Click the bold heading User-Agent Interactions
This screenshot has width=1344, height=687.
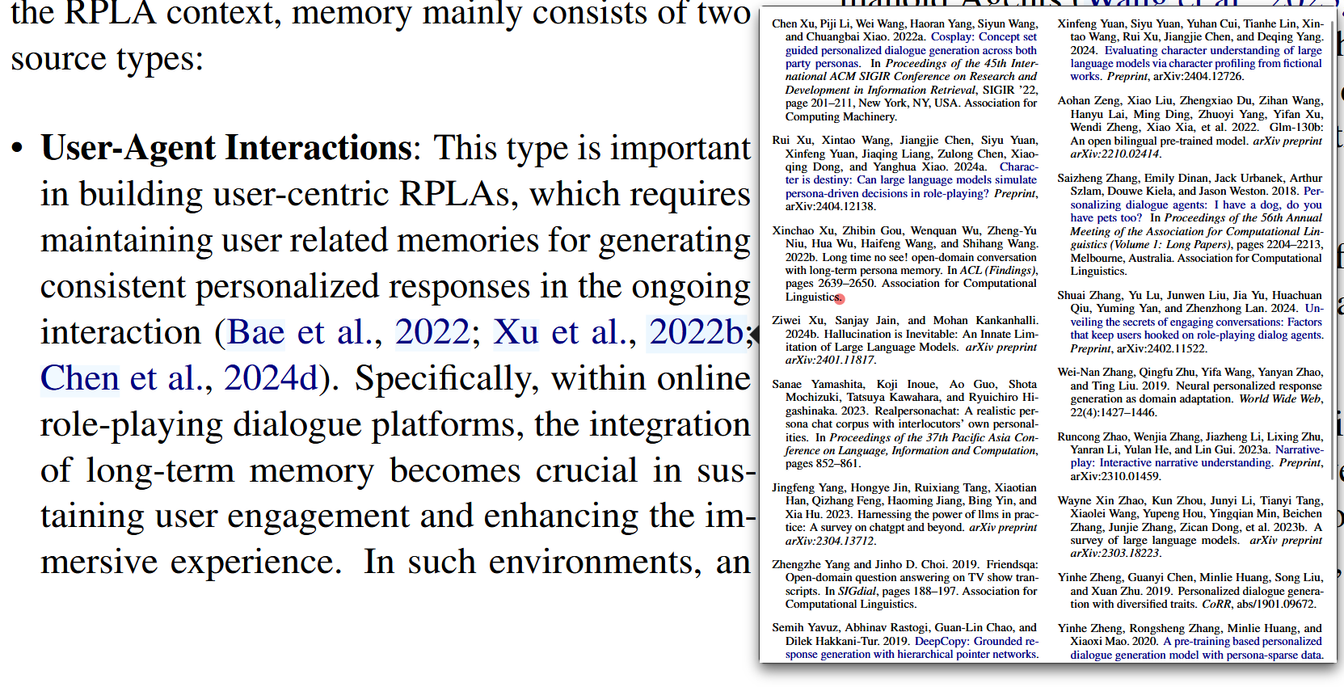(x=226, y=149)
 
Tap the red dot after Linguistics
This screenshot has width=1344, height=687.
(x=840, y=299)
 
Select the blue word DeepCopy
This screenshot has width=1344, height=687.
(x=941, y=642)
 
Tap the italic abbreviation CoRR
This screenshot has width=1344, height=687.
(x=1216, y=605)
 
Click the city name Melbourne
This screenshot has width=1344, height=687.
(x=1097, y=259)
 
